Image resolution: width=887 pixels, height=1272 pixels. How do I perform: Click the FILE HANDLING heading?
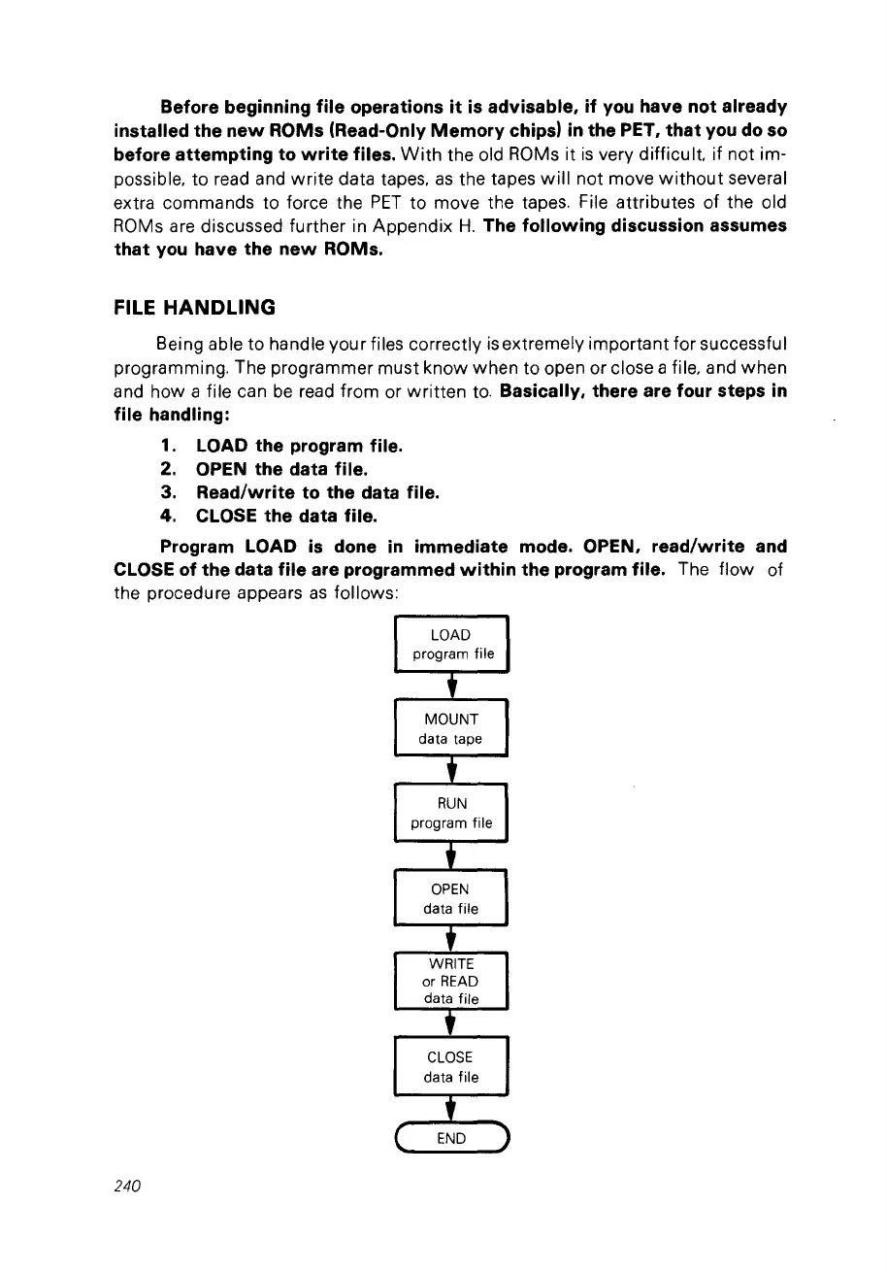pyautogui.click(x=195, y=308)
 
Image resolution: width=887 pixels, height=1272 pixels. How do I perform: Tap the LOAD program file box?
pyautogui.click(x=450, y=645)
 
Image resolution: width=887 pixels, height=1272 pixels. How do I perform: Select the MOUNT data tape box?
pyautogui.click(x=450, y=729)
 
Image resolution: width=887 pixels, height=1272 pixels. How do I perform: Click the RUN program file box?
pyautogui.click(x=450, y=814)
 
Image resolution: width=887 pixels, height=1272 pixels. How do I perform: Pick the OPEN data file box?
pyautogui.click(x=450, y=899)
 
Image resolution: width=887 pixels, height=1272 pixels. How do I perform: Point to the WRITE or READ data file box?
pyautogui.click(x=450, y=982)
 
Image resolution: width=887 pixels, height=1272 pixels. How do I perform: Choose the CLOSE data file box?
pyautogui.click(x=450, y=1067)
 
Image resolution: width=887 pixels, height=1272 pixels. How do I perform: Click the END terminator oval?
pyautogui.click(x=450, y=1138)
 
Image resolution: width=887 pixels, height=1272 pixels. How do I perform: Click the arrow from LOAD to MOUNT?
pyautogui.click(x=450, y=686)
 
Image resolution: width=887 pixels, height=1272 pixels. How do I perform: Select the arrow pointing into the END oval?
pyautogui.click(x=450, y=1109)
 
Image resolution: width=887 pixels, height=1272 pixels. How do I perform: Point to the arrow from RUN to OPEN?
pyautogui.click(x=450, y=856)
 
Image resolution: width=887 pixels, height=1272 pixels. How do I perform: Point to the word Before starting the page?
pyautogui.click(x=195, y=105)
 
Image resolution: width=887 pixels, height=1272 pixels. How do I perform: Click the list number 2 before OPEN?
pyautogui.click(x=168, y=470)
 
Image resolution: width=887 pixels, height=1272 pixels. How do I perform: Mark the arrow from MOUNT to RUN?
pyautogui.click(x=450, y=771)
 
